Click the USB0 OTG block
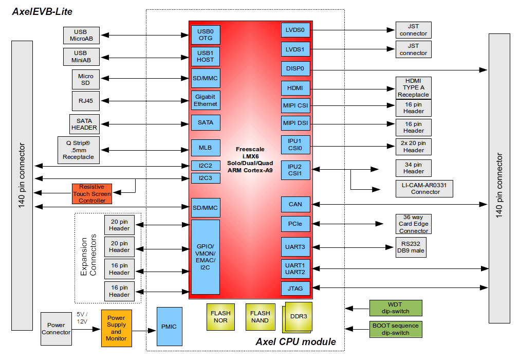tap(206, 35)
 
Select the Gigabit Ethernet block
tap(206, 100)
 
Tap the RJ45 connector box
tap(86, 101)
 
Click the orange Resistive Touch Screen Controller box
tap(92, 194)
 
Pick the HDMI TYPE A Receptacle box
tap(414, 88)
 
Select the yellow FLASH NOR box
tap(220, 317)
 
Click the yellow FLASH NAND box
tap(260, 317)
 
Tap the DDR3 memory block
tap(298, 317)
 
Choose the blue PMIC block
tap(169, 327)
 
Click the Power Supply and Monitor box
tap(117, 328)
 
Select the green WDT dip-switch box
tap(396, 308)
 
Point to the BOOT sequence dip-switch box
tap(396, 329)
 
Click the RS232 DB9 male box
tap(411, 247)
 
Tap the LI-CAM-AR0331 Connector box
tap(424, 188)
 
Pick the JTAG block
tap(295, 289)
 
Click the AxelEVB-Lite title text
tap(42, 12)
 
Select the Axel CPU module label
tap(295, 342)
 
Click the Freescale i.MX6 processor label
tap(250, 159)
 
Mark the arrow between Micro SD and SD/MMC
tap(144, 79)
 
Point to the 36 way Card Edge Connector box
tap(414, 224)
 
